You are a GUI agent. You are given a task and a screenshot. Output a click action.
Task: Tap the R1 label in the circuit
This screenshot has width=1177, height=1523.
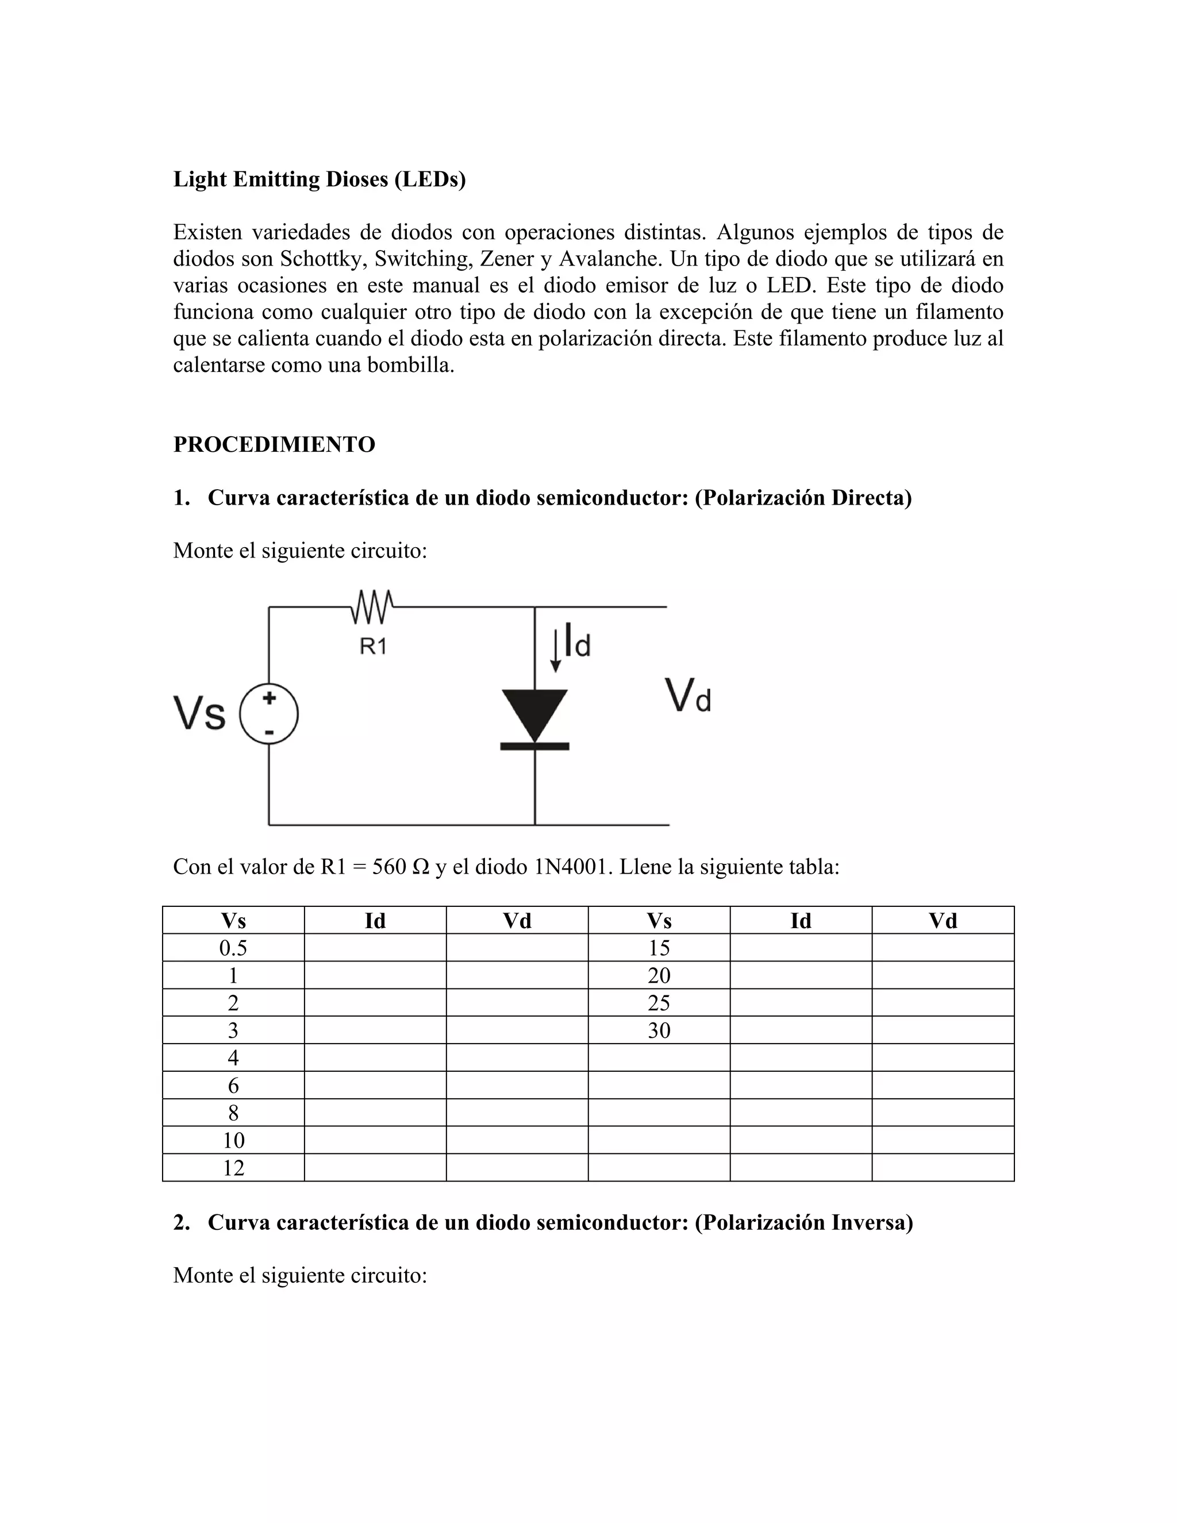point(373,647)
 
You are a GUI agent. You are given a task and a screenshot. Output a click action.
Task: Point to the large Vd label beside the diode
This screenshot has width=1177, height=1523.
point(687,695)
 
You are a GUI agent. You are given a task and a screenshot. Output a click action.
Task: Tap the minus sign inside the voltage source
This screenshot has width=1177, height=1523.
point(269,732)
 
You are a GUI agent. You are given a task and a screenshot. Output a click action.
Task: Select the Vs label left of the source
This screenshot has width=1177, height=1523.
point(199,713)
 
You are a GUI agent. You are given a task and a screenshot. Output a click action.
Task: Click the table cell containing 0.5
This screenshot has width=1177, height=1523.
point(233,948)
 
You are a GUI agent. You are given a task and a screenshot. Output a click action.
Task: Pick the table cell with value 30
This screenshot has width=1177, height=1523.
point(659,1030)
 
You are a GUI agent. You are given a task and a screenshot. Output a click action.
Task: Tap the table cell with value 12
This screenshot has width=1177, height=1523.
point(233,1167)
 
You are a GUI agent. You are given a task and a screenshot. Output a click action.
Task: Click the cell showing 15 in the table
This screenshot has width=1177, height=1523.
point(659,948)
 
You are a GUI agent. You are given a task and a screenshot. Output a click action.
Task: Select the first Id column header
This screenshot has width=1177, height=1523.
point(375,921)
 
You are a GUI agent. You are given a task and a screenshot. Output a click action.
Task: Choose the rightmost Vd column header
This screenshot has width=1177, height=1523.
point(943,921)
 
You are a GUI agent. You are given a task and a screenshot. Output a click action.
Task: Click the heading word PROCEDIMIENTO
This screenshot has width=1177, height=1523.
point(274,444)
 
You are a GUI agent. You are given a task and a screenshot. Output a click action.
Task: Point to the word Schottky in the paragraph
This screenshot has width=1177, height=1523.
point(324,259)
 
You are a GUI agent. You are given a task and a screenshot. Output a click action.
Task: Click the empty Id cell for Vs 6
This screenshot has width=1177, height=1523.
point(375,1085)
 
